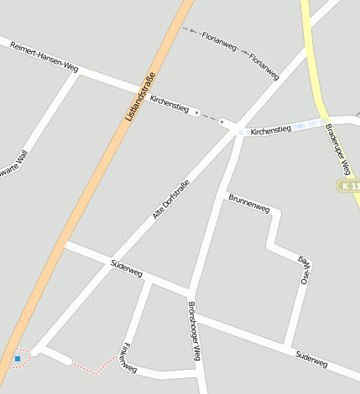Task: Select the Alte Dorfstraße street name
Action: (170, 200)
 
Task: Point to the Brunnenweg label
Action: (248, 202)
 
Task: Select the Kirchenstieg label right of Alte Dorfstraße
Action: (270, 130)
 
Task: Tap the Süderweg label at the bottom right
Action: (311, 360)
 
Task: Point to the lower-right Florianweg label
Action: (263, 65)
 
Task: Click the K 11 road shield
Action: (348, 184)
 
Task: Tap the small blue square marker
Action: (17, 359)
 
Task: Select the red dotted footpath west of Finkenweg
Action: (92, 367)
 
